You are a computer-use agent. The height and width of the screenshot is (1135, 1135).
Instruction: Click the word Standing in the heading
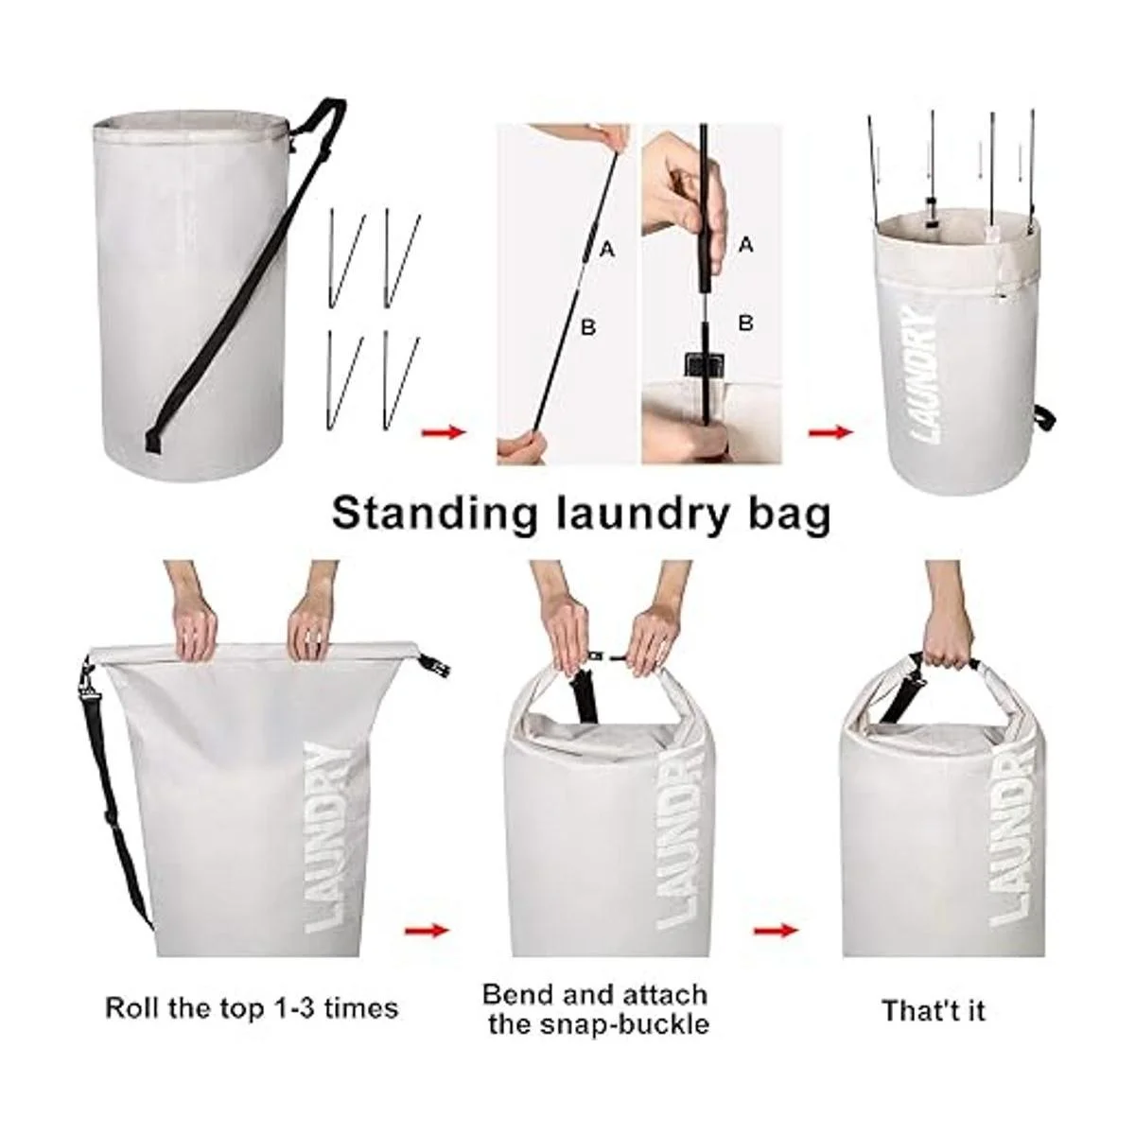[x=435, y=514]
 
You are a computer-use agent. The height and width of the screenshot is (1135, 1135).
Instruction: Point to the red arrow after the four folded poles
[x=445, y=433]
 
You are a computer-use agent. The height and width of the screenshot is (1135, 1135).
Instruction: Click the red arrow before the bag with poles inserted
[x=830, y=433]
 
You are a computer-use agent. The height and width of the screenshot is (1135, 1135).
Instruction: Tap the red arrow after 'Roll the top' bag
[x=427, y=931]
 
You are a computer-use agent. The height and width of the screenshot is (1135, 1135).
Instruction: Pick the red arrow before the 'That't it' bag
[x=777, y=931]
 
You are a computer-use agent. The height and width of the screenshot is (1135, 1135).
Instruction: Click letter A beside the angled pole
[x=607, y=251]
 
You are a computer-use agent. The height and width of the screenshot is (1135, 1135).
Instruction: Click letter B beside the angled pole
[x=587, y=326]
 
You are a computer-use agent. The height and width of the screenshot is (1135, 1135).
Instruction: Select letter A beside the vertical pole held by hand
[x=745, y=244]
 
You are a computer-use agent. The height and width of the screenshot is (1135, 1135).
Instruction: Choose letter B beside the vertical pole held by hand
[x=745, y=323]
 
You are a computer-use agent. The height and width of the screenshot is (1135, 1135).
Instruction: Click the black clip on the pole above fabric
[x=703, y=366]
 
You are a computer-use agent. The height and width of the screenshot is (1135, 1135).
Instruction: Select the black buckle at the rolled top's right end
[x=436, y=668]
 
